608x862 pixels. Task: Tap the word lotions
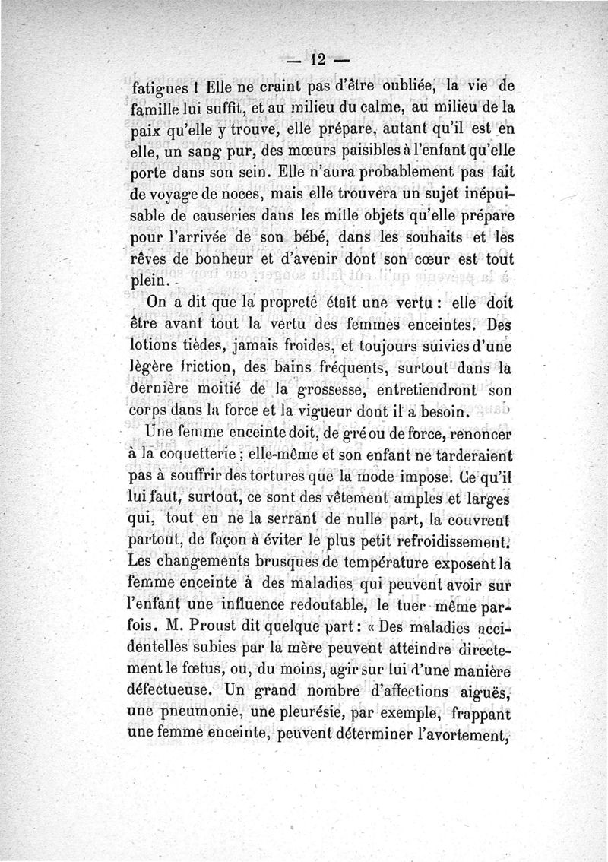(156, 347)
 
